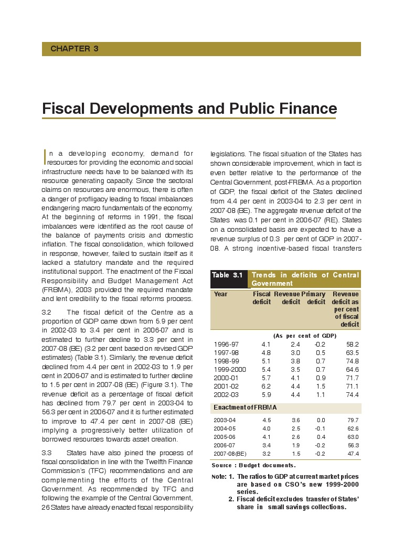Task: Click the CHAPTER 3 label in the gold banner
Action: pos(75,49)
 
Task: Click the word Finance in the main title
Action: pos(304,109)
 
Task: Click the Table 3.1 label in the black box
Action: pos(227,275)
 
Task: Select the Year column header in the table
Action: pos(221,294)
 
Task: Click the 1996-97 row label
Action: pos(225,344)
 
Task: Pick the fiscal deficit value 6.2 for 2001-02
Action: pos(266,386)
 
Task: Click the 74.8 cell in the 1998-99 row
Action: pos(351,361)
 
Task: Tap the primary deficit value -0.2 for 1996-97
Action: pos(320,344)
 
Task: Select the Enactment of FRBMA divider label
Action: pos(245,407)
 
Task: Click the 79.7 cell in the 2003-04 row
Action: pos(353,420)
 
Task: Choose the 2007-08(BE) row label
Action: pos(230,454)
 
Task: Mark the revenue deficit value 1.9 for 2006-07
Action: pos(296,445)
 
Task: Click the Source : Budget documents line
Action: pos(253,465)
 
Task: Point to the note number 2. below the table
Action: pos(231,499)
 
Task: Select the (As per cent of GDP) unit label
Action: pos(304,336)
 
